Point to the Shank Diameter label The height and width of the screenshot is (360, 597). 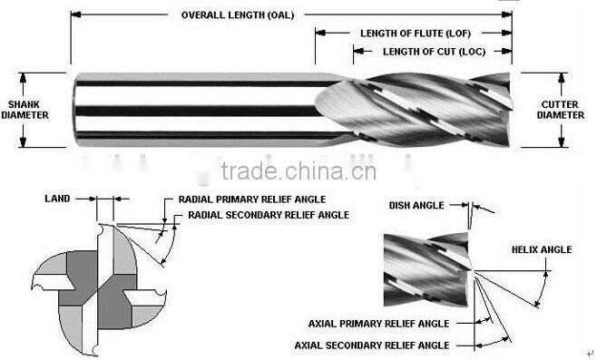pyautogui.click(x=27, y=110)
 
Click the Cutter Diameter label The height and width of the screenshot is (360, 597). pyautogui.click(x=561, y=110)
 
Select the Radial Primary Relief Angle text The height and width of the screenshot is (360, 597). pyautogui.click(x=251, y=199)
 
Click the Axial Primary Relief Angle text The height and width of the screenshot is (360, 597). pyautogui.click(x=379, y=323)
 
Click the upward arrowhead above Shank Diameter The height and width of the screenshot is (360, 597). pyautogui.click(x=27, y=77)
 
